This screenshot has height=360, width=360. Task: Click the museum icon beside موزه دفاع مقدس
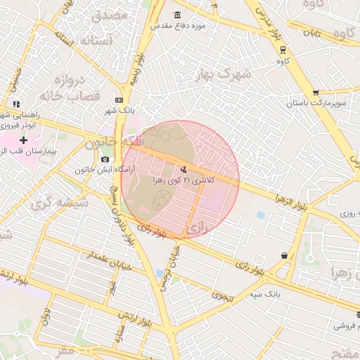coord(175,15)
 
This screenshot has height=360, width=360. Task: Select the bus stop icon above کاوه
coord(283,50)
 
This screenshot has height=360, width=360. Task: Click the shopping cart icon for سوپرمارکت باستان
coord(316,92)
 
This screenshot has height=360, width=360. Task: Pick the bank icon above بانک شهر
coord(119,100)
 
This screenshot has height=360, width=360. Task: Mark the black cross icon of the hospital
coord(24,140)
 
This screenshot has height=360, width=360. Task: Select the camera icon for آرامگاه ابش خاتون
coord(105,159)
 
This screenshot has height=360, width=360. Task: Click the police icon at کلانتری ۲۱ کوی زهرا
coord(184,169)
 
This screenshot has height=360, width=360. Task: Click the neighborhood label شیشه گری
coord(50,204)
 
